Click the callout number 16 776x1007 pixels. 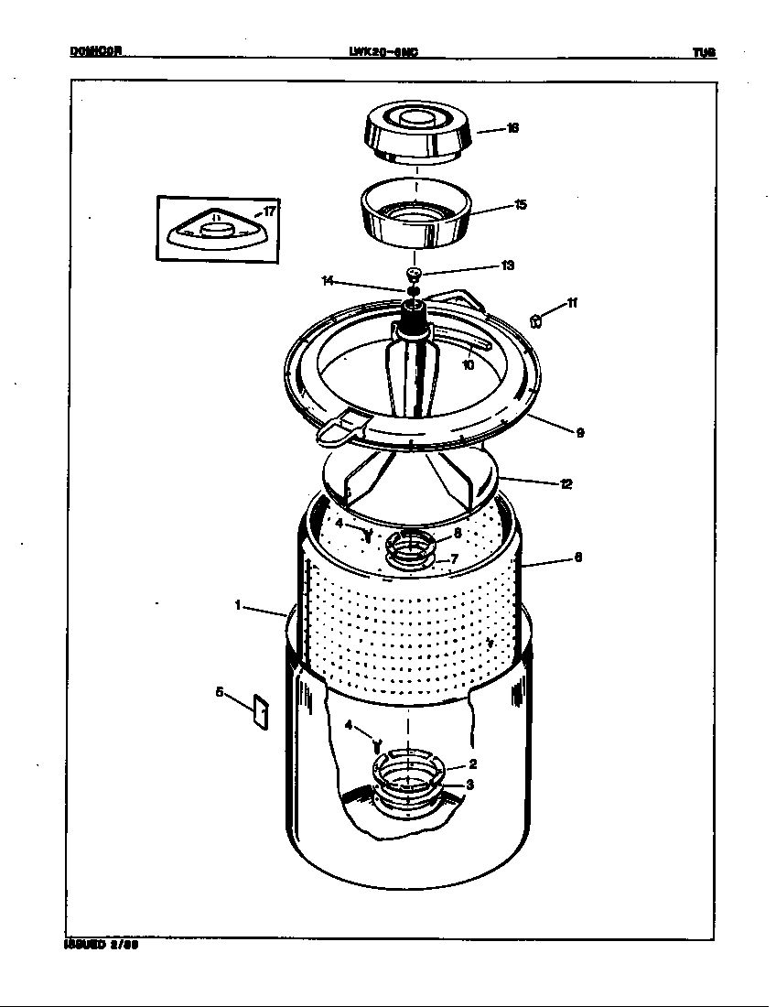pyautogui.click(x=512, y=128)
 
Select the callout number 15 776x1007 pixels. pyautogui.click(x=520, y=204)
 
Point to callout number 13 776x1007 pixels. pyautogui.click(x=507, y=265)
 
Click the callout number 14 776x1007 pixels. pyautogui.click(x=328, y=281)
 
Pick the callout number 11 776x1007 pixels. pyautogui.click(x=572, y=303)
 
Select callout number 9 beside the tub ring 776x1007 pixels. pyautogui.click(x=579, y=433)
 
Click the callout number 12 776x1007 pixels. pyautogui.click(x=566, y=483)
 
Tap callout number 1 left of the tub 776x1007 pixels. pyautogui.click(x=237, y=605)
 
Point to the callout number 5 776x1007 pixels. pyautogui.click(x=220, y=692)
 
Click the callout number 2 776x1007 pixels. pyautogui.click(x=472, y=763)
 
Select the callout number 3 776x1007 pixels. pyautogui.click(x=469, y=785)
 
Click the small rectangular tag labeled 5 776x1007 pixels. pyautogui.click(x=260, y=712)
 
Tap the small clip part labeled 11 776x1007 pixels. pyautogui.click(x=536, y=320)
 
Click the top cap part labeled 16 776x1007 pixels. pyautogui.click(x=418, y=133)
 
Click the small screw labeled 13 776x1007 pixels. pyautogui.click(x=414, y=274)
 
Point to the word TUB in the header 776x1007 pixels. pyautogui.click(x=704, y=53)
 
